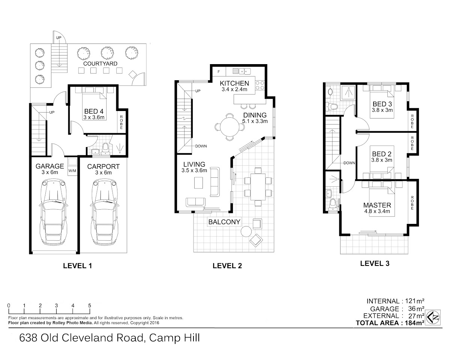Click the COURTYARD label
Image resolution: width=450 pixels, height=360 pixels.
click(100, 64)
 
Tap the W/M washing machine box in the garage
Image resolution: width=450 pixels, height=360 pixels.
click(72, 166)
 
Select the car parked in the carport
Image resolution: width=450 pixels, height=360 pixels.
click(104, 212)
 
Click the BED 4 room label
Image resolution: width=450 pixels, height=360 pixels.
click(94, 111)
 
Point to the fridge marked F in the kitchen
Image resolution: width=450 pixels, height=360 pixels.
click(219, 72)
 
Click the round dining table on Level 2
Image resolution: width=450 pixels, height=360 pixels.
click(229, 127)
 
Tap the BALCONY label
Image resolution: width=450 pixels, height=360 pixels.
click(224, 222)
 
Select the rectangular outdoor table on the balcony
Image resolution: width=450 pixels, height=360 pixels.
click(258, 187)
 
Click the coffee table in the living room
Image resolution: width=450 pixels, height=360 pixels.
click(198, 183)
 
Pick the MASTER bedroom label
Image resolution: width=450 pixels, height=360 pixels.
click(377, 205)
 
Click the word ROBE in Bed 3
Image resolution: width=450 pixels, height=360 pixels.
click(412, 121)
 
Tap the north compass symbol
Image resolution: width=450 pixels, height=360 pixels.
click(433, 318)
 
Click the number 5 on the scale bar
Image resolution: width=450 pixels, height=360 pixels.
click(90, 306)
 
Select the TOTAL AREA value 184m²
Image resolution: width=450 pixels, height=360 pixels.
click(414, 323)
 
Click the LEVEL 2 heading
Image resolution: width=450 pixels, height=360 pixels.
click(227, 265)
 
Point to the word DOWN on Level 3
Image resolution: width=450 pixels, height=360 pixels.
click(349, 163)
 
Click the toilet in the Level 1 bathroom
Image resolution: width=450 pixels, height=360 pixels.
click(105, 147)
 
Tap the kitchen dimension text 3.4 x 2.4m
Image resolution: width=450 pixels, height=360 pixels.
click(234, 89)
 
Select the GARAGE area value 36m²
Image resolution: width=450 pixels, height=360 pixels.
click(416, 309)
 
